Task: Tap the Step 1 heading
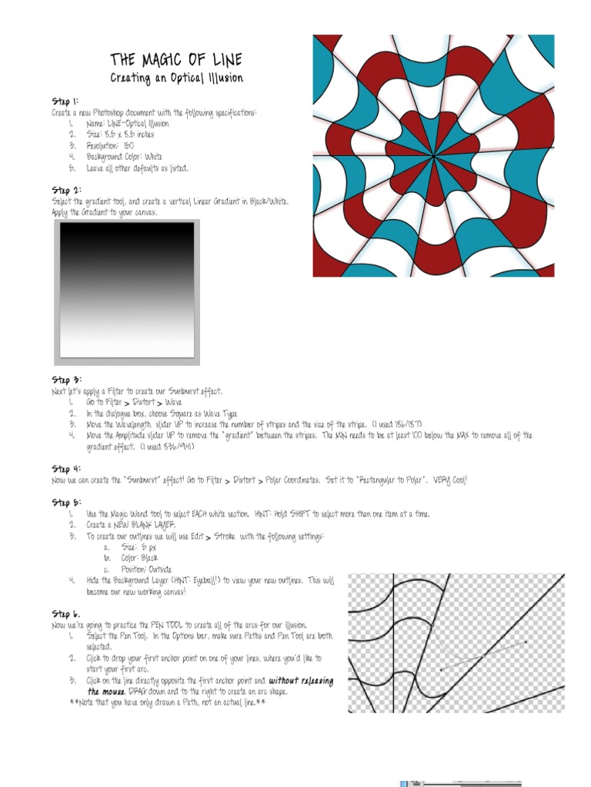[x=65, y=101]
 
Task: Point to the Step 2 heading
[x=66, y=190]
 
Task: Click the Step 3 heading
[x=66, y=380]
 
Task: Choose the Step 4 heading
[x=66, y=469]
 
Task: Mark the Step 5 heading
[x=66, y=503]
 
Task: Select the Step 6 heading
[x=66, y=614]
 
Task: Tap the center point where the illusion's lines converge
[x=429, y=157]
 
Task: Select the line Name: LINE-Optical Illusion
[x=128, y=123]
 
